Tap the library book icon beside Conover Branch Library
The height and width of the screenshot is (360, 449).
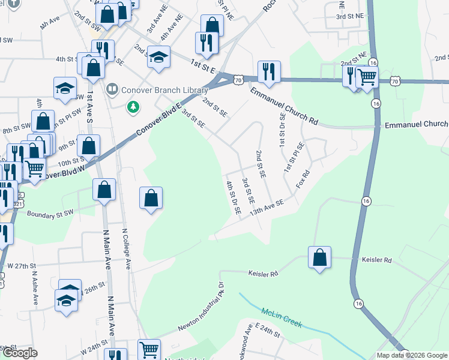[111, 90]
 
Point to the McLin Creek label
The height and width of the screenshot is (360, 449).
[282, 317]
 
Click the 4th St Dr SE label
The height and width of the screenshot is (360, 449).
[233, 196]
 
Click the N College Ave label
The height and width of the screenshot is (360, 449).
[127, 248]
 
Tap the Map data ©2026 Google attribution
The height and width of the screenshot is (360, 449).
[412, 355]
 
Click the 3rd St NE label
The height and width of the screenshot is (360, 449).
[350, 17]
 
